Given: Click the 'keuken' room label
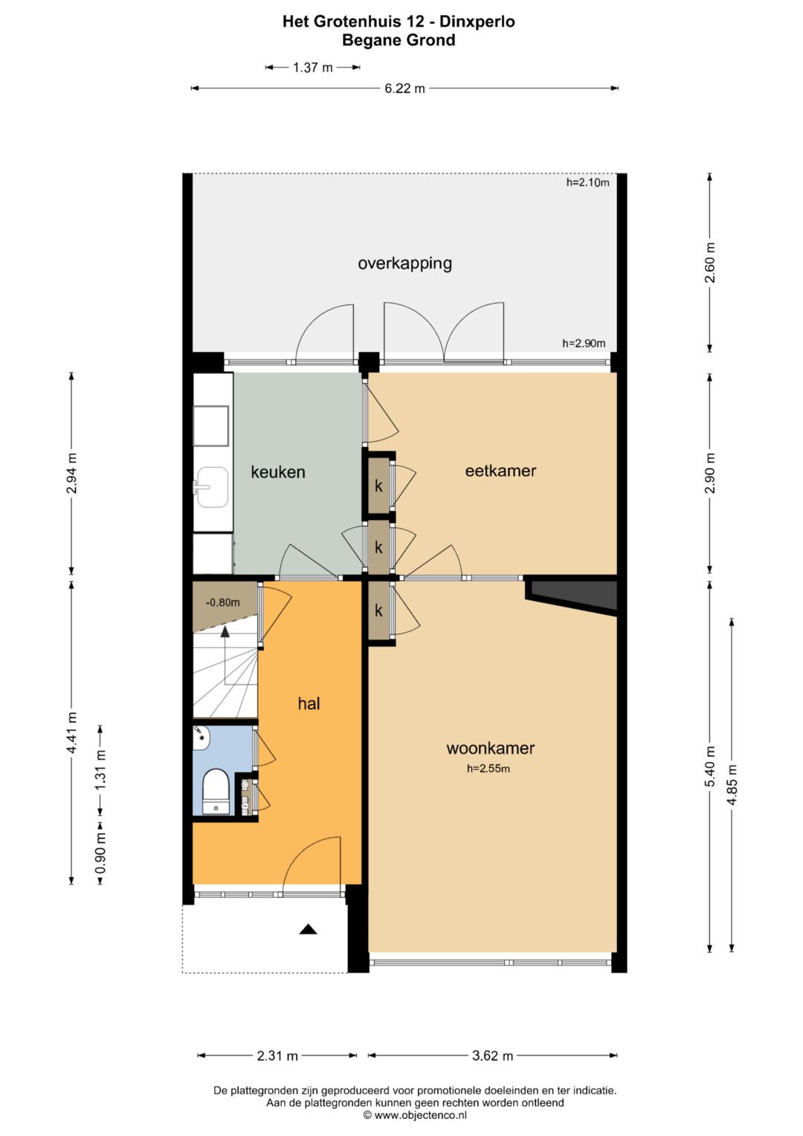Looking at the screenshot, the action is click(278, 472).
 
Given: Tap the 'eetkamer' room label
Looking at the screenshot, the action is click(500, 471).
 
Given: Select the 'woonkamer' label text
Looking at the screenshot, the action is click(490, 748).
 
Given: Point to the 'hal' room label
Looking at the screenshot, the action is click(309, 704).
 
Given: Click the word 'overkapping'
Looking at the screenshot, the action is click(404, 263).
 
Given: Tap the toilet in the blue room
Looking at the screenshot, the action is click(216, 791).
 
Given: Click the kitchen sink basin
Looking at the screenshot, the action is click(213, 487).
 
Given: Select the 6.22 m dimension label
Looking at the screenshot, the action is click(404, 89).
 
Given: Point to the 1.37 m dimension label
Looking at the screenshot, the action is click(313, 68).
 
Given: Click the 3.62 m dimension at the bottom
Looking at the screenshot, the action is click(492, 1056).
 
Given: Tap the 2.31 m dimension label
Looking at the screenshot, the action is click(277, 1056).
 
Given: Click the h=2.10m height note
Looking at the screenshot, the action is click(587, 182).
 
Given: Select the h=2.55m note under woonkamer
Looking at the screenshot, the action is click(488, 768).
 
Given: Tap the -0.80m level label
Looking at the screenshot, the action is click(222, 603).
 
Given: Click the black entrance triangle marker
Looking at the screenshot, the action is click(309, 929).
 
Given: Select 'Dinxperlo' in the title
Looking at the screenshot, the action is click(477, 22).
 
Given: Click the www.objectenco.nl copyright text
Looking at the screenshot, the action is click(415, 1114).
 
